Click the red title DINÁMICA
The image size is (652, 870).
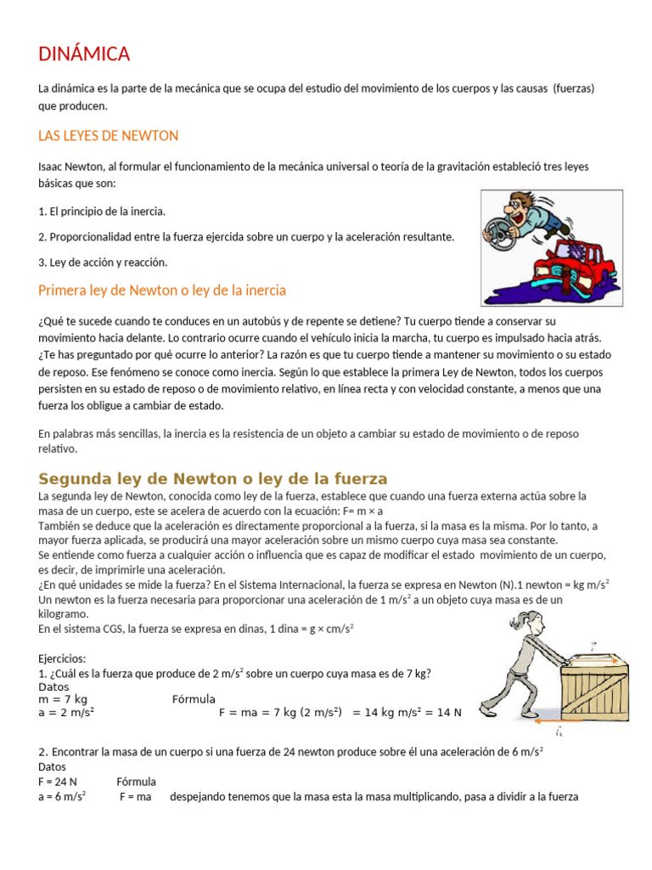[84, 55]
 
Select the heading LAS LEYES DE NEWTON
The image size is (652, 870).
[109, 136]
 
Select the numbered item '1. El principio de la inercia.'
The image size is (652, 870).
[102, 211]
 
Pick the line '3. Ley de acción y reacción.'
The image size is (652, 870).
[103, 263]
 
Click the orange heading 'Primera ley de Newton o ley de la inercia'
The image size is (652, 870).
[162, 291]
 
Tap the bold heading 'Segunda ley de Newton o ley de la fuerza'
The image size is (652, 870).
[213, 478]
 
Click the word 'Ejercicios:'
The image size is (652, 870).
[63, 658]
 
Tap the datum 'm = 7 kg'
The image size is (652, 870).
[63, 699]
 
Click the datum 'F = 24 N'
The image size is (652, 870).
[58, 781]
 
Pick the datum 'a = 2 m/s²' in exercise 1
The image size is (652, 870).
[66, 713]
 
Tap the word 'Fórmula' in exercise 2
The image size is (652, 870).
[136, 781]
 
